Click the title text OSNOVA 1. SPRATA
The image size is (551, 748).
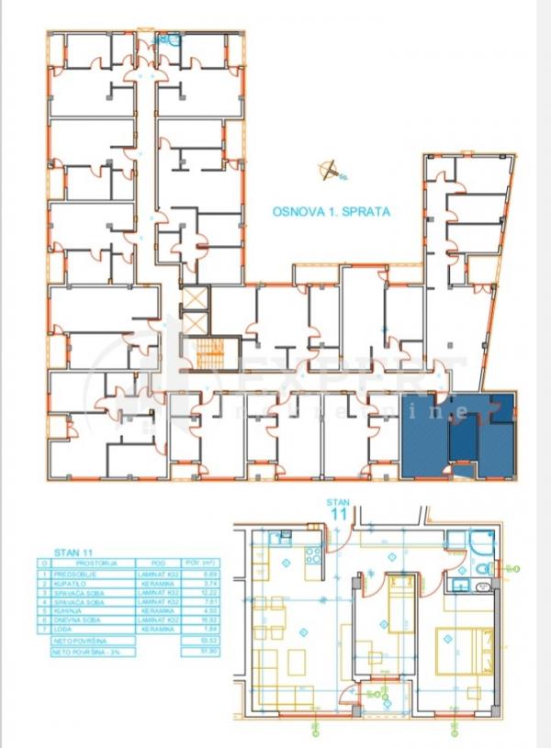coord(332,211)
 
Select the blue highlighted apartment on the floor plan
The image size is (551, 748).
coord(457,435)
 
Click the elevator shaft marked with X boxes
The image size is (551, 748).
coord(196,310)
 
